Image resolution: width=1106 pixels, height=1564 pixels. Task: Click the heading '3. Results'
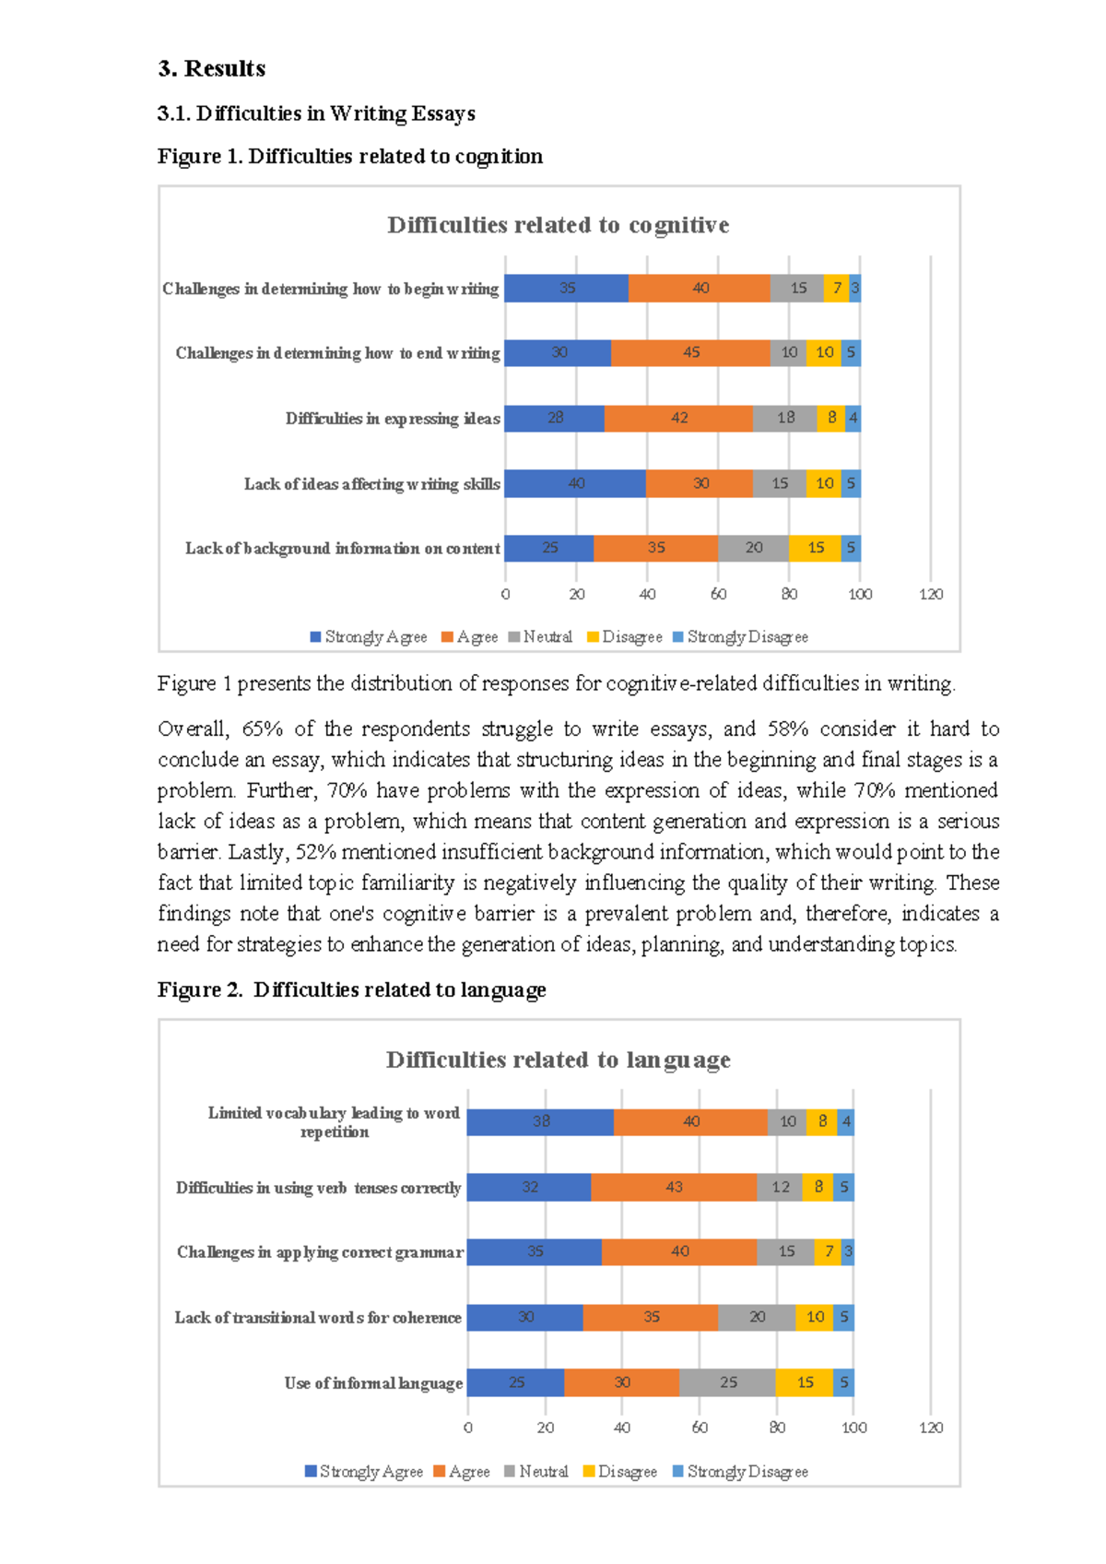[211, 69]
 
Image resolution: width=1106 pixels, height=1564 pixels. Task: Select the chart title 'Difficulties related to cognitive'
[558, 225]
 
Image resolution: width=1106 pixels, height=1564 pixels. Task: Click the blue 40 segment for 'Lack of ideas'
[575, 483]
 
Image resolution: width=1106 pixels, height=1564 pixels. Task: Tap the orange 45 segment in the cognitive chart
[690, 352]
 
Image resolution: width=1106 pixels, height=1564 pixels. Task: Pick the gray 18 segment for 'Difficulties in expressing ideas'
[784, 418]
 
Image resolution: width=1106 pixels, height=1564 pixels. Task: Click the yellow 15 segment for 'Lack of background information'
[815, 548]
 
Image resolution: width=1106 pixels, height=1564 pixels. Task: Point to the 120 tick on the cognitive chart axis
[931, 594]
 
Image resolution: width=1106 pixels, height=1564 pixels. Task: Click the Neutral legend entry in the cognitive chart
[541, 636]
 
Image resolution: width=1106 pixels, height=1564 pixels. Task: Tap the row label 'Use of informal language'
[373, 1382]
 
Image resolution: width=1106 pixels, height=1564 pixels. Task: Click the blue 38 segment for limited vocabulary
[540, 1121]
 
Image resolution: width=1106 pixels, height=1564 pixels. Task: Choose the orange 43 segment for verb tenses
[674, 1187]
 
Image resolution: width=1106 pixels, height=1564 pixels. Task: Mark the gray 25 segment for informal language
[727, 1382]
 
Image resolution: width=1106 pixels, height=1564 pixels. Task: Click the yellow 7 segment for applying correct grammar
[828, 1251]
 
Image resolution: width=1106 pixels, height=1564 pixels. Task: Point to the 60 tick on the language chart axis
[700, 1428]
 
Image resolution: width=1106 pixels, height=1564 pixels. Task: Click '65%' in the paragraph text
[262, 729]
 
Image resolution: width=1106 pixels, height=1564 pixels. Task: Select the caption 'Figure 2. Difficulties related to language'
[351, 989]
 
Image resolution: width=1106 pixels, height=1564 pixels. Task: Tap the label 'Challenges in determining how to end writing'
[337, 353]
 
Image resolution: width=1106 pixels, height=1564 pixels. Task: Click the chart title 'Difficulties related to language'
[558, 1060]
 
